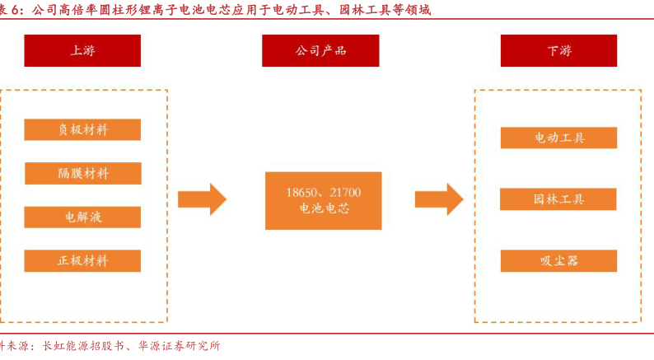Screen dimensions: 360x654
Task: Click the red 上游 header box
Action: pos(82,50)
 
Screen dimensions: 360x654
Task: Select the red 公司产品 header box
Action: pos(320,50)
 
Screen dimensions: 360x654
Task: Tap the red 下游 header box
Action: pos(558,50)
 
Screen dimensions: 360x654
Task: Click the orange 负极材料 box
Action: pos(82,129)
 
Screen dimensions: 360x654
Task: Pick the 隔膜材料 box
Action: pos(82,173)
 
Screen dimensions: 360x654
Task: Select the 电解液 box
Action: pos(82,217)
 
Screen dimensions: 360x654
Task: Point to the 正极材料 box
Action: pos(82,261)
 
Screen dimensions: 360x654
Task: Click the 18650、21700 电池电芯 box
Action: pos(324,200)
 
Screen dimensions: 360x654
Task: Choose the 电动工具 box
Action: pos(558,138)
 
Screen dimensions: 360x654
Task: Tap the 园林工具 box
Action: pos(558,199)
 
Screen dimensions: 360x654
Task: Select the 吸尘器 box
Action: pos(558,260)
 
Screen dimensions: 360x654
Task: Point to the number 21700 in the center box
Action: pos(345,193)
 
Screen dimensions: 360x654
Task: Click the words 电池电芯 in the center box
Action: pos(324,209)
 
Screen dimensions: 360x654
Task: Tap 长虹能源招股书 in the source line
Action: pos(82,347)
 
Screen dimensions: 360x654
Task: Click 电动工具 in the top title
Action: pos(297,10)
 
